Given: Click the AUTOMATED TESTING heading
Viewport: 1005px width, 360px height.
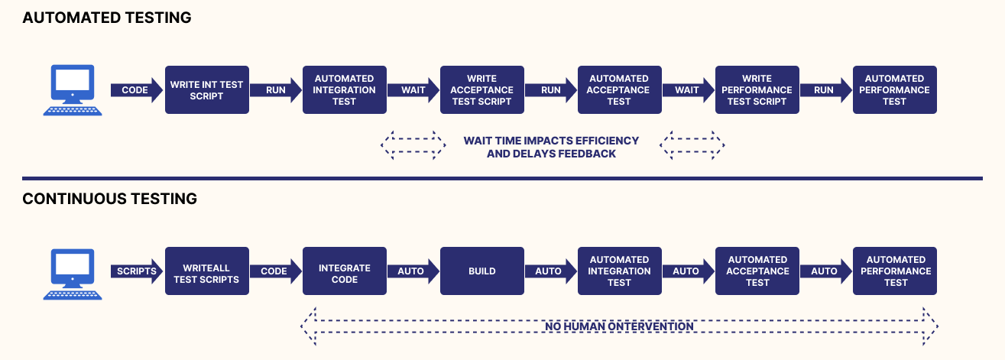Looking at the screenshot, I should click(107, 18).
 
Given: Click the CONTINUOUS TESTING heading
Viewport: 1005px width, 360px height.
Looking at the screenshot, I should click(110, 199).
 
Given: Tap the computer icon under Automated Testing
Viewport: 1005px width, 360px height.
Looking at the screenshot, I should click(71, 90).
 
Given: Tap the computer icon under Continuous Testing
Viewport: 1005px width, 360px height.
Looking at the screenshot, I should click(71, 271).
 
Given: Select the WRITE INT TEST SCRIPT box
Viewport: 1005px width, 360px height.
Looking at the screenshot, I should click(207, 90).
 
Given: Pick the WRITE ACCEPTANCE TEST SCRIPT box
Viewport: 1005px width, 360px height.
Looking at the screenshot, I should click(481, 90).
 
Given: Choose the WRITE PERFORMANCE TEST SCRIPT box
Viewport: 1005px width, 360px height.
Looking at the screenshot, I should click(757, 90).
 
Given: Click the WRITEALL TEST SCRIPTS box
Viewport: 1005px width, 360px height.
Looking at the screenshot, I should click(207, 271).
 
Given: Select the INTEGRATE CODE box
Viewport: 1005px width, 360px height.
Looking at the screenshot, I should click(345, 271).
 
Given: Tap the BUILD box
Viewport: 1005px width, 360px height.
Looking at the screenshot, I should click(481, 271).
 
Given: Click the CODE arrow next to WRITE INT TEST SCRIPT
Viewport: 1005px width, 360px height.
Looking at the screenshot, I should click(136, 90).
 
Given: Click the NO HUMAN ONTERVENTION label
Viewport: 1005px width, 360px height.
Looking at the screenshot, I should click(619, 326).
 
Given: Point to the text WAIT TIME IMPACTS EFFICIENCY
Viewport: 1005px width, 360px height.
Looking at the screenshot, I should click(551, 141).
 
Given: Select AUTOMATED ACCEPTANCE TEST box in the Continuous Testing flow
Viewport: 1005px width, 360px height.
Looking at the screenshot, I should click(757, 271).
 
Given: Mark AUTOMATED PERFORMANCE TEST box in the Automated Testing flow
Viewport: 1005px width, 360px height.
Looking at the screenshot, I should click(894, 90).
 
